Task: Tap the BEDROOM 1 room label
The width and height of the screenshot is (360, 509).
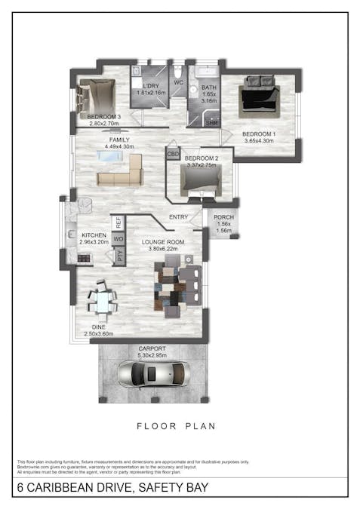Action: tap(258, 134)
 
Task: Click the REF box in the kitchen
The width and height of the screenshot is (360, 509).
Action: tap(118, 222)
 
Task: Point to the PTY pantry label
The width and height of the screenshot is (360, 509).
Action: tap(118, 256)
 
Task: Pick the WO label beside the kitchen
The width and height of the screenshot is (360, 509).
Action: tap(118, 239)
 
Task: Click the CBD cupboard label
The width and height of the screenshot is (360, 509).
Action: tap(174, 153)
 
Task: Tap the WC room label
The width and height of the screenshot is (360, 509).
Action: tap(179, 81)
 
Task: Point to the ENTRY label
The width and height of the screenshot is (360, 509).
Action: tap(179, 218)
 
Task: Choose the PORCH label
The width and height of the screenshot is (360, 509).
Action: tap(223, 217)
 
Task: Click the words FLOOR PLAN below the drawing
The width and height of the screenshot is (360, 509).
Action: tap(176, 426)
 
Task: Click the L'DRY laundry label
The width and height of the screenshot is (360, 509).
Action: tap(149, 86)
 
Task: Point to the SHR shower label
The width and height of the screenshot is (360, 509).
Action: tap(212, 121)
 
